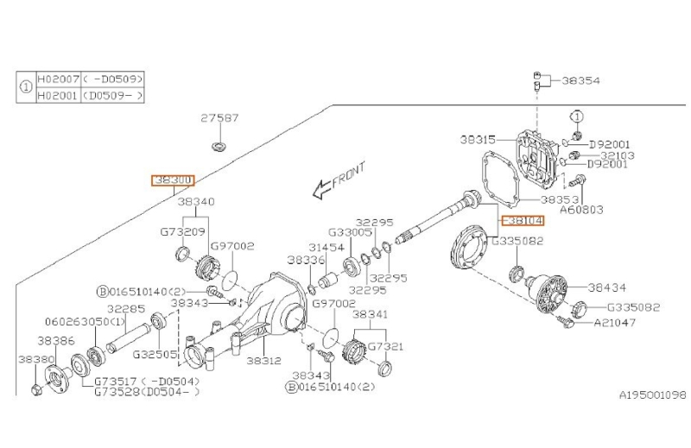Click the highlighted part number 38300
click(173, 180)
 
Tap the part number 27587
click(219, 118)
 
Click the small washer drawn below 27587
click(219, 143)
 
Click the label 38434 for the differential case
click(606, 287)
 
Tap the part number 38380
click(33, 357)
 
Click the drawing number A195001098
click(651, 395)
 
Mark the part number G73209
click(182, 232)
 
